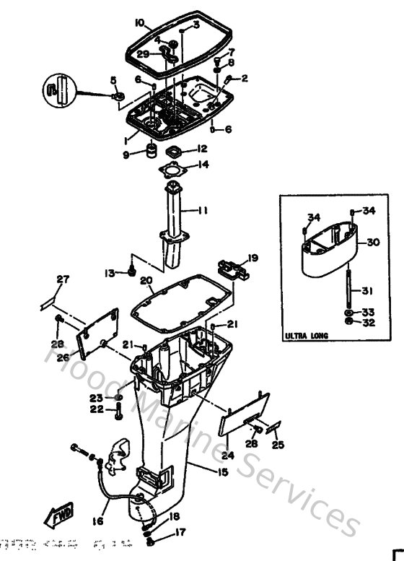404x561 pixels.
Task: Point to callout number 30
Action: point(372,243)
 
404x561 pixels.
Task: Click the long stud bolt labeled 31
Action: point(348,290)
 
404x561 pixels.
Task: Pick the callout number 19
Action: point(252,258)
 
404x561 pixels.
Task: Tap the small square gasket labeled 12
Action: point(173,150)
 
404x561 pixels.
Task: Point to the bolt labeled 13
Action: point(131,271)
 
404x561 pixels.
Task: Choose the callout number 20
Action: point(146,281)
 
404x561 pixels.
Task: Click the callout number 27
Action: point(63,279)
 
